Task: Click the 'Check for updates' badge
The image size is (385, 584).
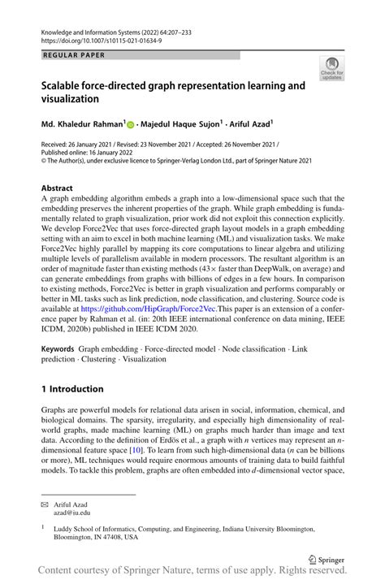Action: pyautogui.click(x=331, y=69)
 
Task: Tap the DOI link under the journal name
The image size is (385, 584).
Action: pyautogui.click(x=98, y=38)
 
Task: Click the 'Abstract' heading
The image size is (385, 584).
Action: pyautogui.click(x=57, y=188)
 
